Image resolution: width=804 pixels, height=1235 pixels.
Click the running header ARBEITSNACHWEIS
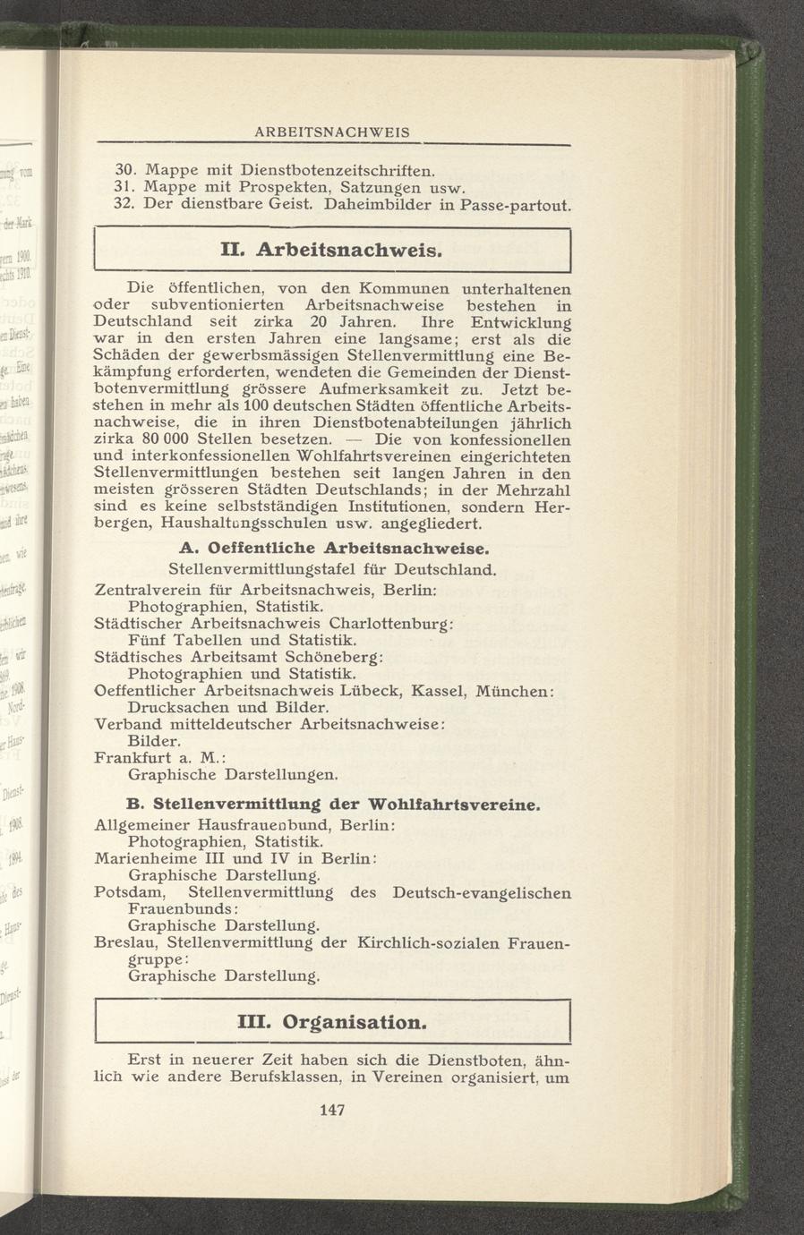tap(332, 132)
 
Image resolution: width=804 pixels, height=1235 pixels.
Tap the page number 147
tap(332, 1111)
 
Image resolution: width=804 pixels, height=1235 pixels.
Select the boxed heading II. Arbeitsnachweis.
tap(332, 251)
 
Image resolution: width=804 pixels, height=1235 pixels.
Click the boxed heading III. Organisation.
tap(332, 1021)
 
